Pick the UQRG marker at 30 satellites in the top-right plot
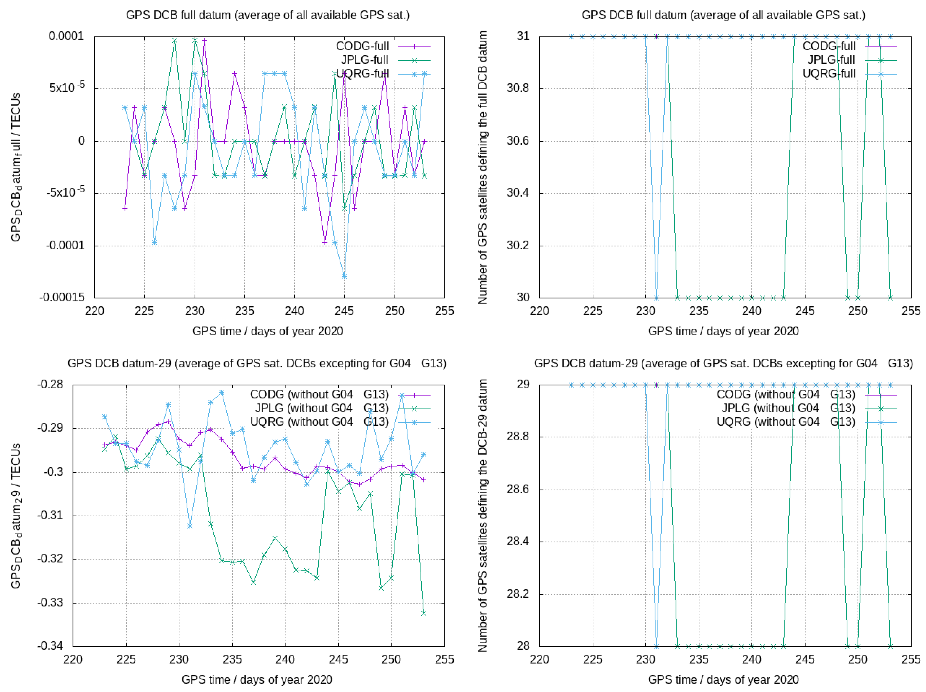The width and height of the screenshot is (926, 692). coord(656,298)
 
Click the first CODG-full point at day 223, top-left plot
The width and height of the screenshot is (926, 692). coord(125,209)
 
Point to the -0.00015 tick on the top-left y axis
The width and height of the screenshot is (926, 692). coord(62,297)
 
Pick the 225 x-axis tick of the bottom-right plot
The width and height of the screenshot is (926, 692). coord(593,659)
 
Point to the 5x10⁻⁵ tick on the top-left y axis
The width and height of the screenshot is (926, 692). coord(67,88)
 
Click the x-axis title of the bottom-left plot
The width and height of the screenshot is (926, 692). coord(257,679)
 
